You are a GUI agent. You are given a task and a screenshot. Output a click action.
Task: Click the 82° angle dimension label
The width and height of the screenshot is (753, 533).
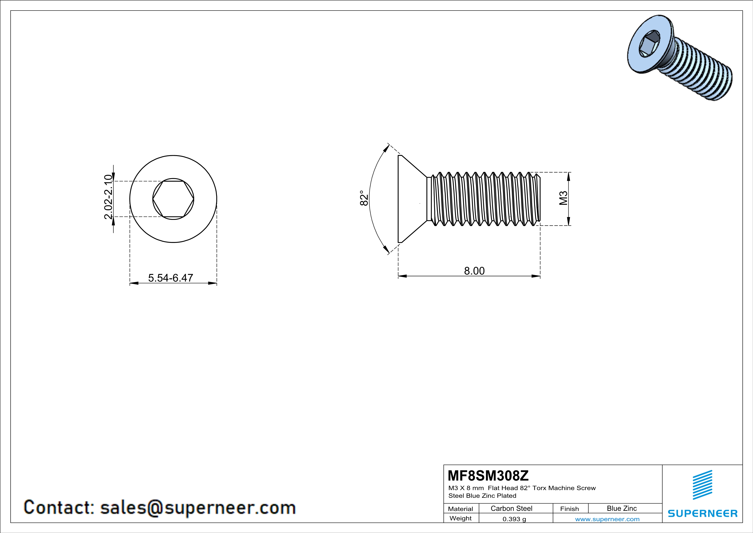click(x=364, y=198)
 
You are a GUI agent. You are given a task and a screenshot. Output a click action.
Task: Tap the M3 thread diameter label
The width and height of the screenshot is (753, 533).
click(x=563, y=198)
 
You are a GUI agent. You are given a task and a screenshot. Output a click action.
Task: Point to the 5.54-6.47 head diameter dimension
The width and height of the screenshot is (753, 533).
click(x=170, y=278)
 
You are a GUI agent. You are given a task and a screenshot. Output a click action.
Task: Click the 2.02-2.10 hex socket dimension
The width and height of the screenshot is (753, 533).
click(x=108, y=197)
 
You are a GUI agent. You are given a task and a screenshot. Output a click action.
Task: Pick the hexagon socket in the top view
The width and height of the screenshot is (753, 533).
click(x=173, y=199)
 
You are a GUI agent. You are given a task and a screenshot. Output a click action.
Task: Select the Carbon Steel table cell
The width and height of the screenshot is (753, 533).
click(x=511, y=508)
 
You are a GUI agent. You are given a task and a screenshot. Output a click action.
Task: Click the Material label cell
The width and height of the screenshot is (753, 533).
click(x=461, y=509)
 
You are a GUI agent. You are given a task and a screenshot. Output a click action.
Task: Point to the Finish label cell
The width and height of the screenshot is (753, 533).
click(x=569, y=509)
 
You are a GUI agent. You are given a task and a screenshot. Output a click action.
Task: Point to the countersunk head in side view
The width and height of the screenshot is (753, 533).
click(x=410, y=199)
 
